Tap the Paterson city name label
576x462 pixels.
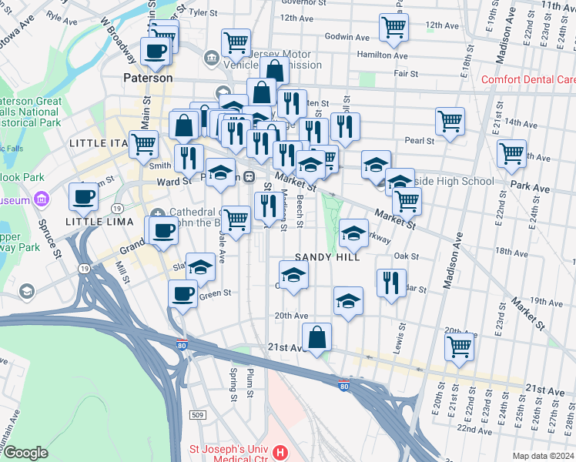coord(148,79)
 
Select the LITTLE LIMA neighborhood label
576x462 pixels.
coord(94,222)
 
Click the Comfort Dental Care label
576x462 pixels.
coord(528,80)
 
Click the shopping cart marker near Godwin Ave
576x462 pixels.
coord(394,28)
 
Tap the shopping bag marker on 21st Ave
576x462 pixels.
coord(317,336)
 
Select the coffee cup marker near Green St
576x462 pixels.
coord(183,293)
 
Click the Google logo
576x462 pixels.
coord(25,453)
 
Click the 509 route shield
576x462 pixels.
coord(199,416)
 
